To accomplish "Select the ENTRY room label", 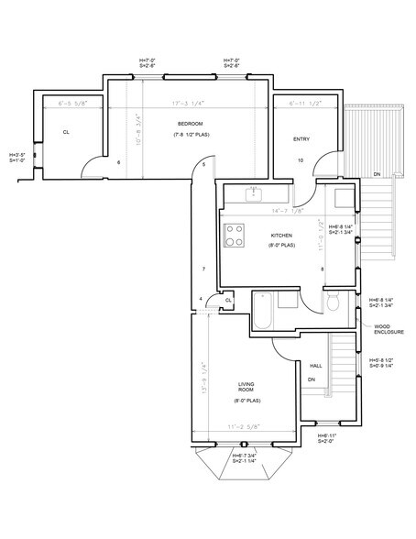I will click(301, 139).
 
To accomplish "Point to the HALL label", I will click(315, 364).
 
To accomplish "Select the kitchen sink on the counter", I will click(254, 193).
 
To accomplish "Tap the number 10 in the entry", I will click(301, 160).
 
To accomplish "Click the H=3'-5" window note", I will click(17, 158).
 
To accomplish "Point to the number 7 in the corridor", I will click(203, 269).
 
